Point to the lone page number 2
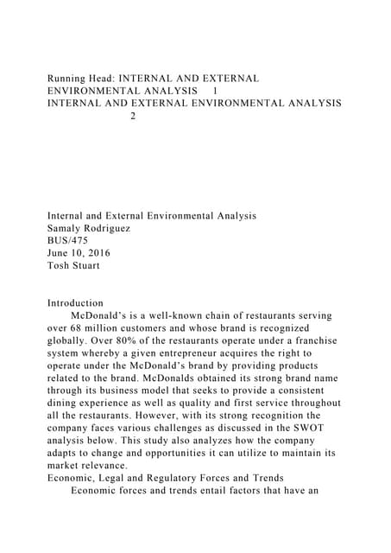tap(132, 116)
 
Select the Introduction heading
tap(75, 303)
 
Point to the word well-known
tap(171, 316)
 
